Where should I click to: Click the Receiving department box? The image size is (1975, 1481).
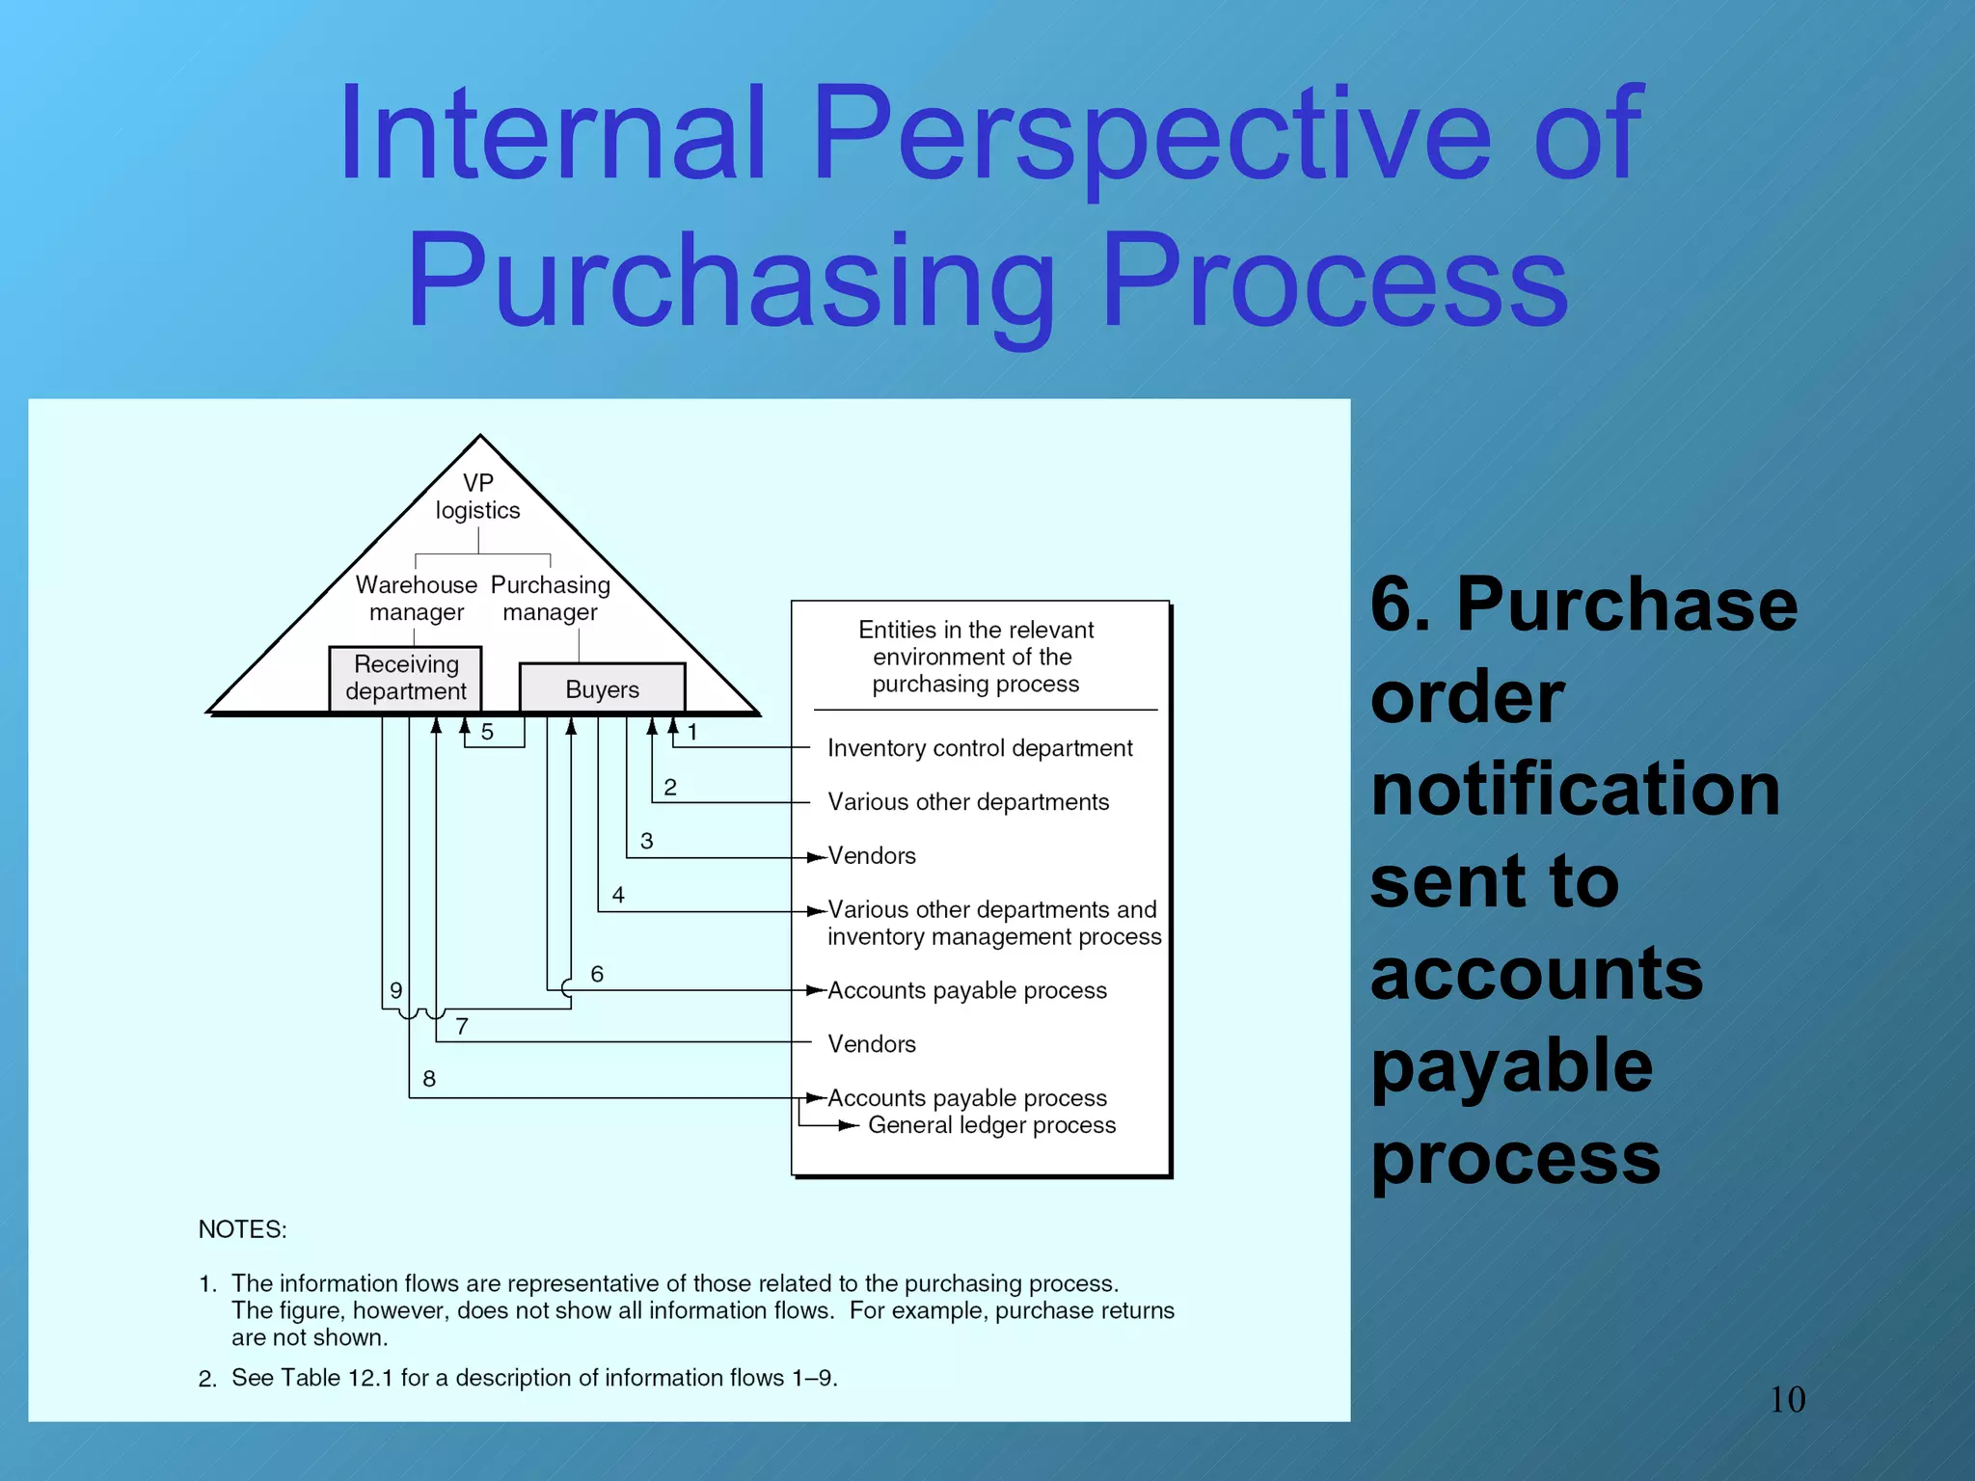405,678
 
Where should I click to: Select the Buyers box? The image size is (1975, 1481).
602,688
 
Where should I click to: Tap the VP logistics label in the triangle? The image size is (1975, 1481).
477,497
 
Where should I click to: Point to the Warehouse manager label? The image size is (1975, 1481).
416,598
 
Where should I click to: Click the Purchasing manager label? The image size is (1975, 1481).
550,598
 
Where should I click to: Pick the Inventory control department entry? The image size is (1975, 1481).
980,748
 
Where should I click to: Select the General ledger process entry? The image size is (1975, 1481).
991,1125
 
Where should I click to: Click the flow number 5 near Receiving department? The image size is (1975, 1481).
487,732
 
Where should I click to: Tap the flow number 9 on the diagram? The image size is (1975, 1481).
395,990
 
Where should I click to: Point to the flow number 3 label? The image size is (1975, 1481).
646,841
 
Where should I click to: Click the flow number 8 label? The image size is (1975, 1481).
429,1079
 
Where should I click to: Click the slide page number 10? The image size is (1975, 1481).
1787,1399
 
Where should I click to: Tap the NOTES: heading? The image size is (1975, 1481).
242,1229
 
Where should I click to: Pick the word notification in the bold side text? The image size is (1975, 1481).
1575,789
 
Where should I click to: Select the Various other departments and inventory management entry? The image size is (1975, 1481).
993,923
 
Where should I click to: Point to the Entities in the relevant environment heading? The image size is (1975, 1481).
976,657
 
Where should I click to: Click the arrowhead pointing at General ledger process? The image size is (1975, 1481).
850,1125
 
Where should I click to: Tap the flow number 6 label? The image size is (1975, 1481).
597,974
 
